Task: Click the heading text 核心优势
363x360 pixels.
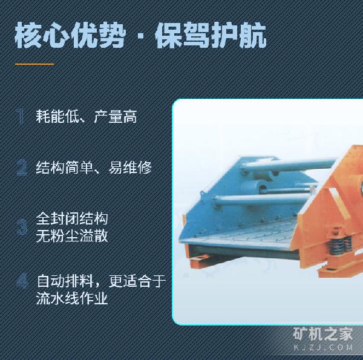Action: pyautogui.click(x=70, y=35)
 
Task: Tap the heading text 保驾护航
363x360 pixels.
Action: pyautogui.click(x=211, y=35)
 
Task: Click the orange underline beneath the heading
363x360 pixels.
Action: pyautogui.click(x=34, y=64)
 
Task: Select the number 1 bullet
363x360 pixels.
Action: pyautogui.click(x=21, y=116)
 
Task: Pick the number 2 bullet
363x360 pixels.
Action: pyautogui.click(x=22, y=167)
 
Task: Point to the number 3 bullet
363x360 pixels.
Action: pyautogui.click(x=22, y=227)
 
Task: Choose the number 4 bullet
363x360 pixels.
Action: pyautogui.click(x=22, y=281)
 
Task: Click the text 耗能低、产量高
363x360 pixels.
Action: pyautogui.click(x=87, y=116)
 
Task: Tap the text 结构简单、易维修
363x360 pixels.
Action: pyautogui.click(x=94, y=167)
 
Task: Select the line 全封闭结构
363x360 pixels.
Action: pyautogui.click(x=72, y=219)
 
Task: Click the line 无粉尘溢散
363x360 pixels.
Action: pyautogui.click(x=72, y=236)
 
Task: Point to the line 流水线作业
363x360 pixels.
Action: pyautogui.click(x=72, y=298)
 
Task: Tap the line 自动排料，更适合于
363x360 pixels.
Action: pyautogui.click(x=101, y=281)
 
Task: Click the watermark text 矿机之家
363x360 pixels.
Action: pyautogui.click(x=323, y=334)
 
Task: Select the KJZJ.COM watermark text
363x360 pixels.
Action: pyautogui.click(x=323, y=347)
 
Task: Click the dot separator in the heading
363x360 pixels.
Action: pyautogui.click(x=140, y=37)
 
